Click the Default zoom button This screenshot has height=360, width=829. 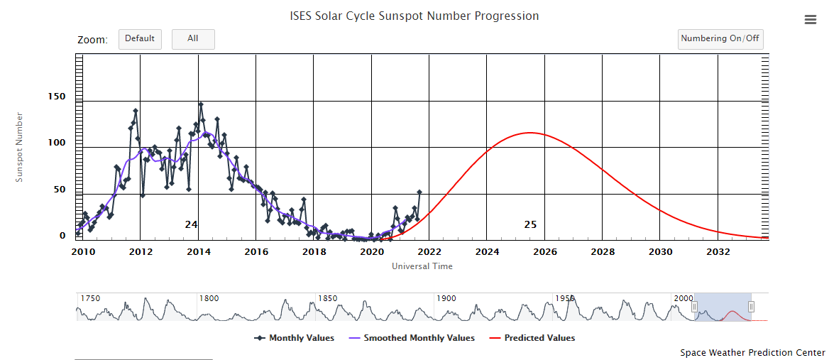140,39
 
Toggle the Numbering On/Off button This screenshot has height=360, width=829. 720,39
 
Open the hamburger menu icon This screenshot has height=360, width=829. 811,20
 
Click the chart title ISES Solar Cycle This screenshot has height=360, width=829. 414,16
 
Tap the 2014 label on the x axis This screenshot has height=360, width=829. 198,252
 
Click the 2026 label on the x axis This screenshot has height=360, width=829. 544,252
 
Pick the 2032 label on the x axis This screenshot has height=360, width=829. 718,252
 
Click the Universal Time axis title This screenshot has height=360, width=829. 422,266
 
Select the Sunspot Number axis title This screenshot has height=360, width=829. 20,147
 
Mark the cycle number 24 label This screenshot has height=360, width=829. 191,224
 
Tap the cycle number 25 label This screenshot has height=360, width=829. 530,224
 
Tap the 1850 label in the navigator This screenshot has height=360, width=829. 328,298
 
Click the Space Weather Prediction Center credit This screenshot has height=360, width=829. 752,353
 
